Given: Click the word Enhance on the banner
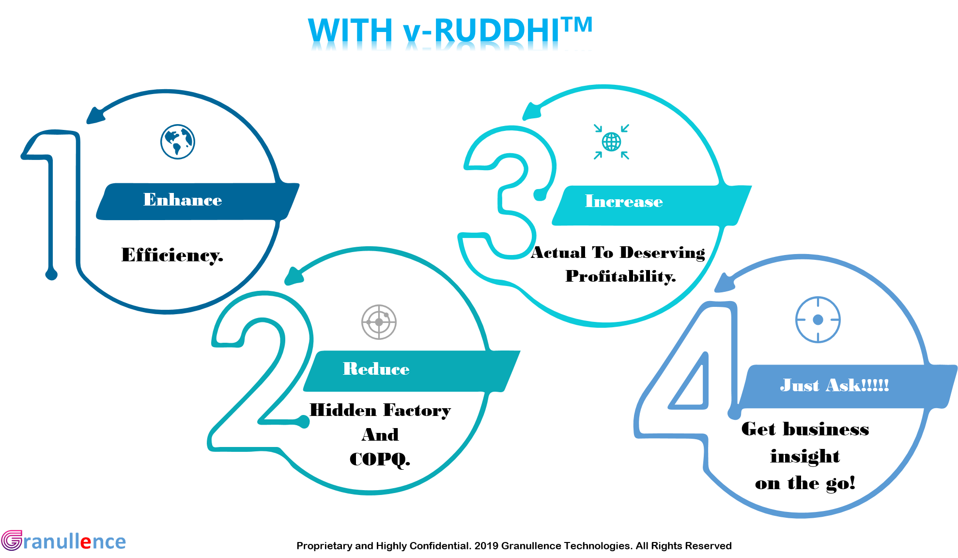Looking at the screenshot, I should coord(183,200).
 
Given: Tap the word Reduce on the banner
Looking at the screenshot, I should coord(376,369).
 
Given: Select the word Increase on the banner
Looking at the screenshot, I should coord(624,201).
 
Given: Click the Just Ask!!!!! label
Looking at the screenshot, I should coord(834,385).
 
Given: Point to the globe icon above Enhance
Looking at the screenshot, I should coord(178,142).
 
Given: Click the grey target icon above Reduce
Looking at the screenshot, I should coord(379,322).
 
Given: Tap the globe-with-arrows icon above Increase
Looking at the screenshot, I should coord(611,142).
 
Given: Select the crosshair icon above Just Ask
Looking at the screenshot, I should coord(818,319).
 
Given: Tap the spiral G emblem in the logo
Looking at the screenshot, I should coord(11,541).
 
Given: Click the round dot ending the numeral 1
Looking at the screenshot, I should coord(51,274).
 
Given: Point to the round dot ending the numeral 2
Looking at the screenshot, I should coord(304,422).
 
